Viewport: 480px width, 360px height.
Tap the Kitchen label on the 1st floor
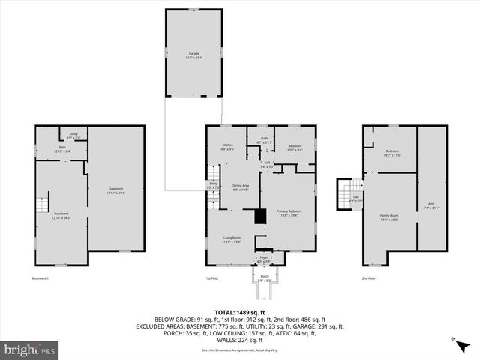[x=227, y=148]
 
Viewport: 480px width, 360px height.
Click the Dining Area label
[x=240, y=187]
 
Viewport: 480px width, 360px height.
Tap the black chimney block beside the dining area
[x=260, y=216]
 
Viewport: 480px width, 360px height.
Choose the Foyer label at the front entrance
[x=263, y=259]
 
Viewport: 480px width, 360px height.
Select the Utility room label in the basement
[x=73, y=136]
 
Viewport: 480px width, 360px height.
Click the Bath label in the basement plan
[x=63, y=149]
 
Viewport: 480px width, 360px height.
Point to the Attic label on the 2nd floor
[x=431, y=205]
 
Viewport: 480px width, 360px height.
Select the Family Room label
[x=388, y=217]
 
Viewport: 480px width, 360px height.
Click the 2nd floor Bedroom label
[x=392, y=153]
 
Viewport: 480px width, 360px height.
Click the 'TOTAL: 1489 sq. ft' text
[x=239, y=312]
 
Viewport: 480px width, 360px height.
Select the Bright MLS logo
[x=29, y=349]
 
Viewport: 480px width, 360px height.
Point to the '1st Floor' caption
[x=212, y=278]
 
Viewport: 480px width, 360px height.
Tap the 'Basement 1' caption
[x=40, y=278]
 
